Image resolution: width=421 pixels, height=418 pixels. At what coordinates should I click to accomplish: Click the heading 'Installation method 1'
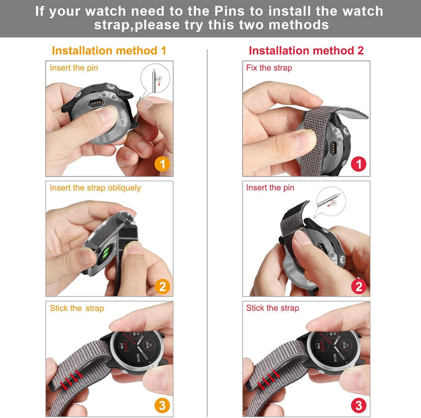109,50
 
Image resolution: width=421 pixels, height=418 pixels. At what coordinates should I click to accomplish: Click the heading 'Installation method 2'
306,50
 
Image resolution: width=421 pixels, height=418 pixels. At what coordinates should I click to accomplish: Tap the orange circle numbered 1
162,164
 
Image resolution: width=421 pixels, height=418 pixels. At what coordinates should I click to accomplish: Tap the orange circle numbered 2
162,286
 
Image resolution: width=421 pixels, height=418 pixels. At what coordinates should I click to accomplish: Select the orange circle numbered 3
162,405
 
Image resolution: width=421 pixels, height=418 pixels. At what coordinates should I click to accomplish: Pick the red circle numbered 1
358,164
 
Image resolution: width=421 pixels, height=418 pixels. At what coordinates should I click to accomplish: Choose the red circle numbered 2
358,286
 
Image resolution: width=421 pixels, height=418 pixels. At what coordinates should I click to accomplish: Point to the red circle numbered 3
358,405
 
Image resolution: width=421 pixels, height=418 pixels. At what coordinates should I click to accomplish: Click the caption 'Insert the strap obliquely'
95,188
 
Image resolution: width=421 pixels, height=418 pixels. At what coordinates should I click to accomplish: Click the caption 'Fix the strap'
269,68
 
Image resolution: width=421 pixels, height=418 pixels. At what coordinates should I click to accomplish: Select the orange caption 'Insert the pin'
74,68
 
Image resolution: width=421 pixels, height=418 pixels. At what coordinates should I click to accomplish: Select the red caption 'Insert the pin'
270,188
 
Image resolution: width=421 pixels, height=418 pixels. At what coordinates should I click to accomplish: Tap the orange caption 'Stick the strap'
77,308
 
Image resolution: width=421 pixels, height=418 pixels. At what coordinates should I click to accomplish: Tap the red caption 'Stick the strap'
272,308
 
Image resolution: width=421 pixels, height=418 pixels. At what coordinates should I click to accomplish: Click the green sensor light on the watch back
105,254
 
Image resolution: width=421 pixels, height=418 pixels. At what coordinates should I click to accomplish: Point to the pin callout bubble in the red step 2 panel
330,201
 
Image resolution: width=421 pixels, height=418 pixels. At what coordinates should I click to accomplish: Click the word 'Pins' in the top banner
229,11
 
